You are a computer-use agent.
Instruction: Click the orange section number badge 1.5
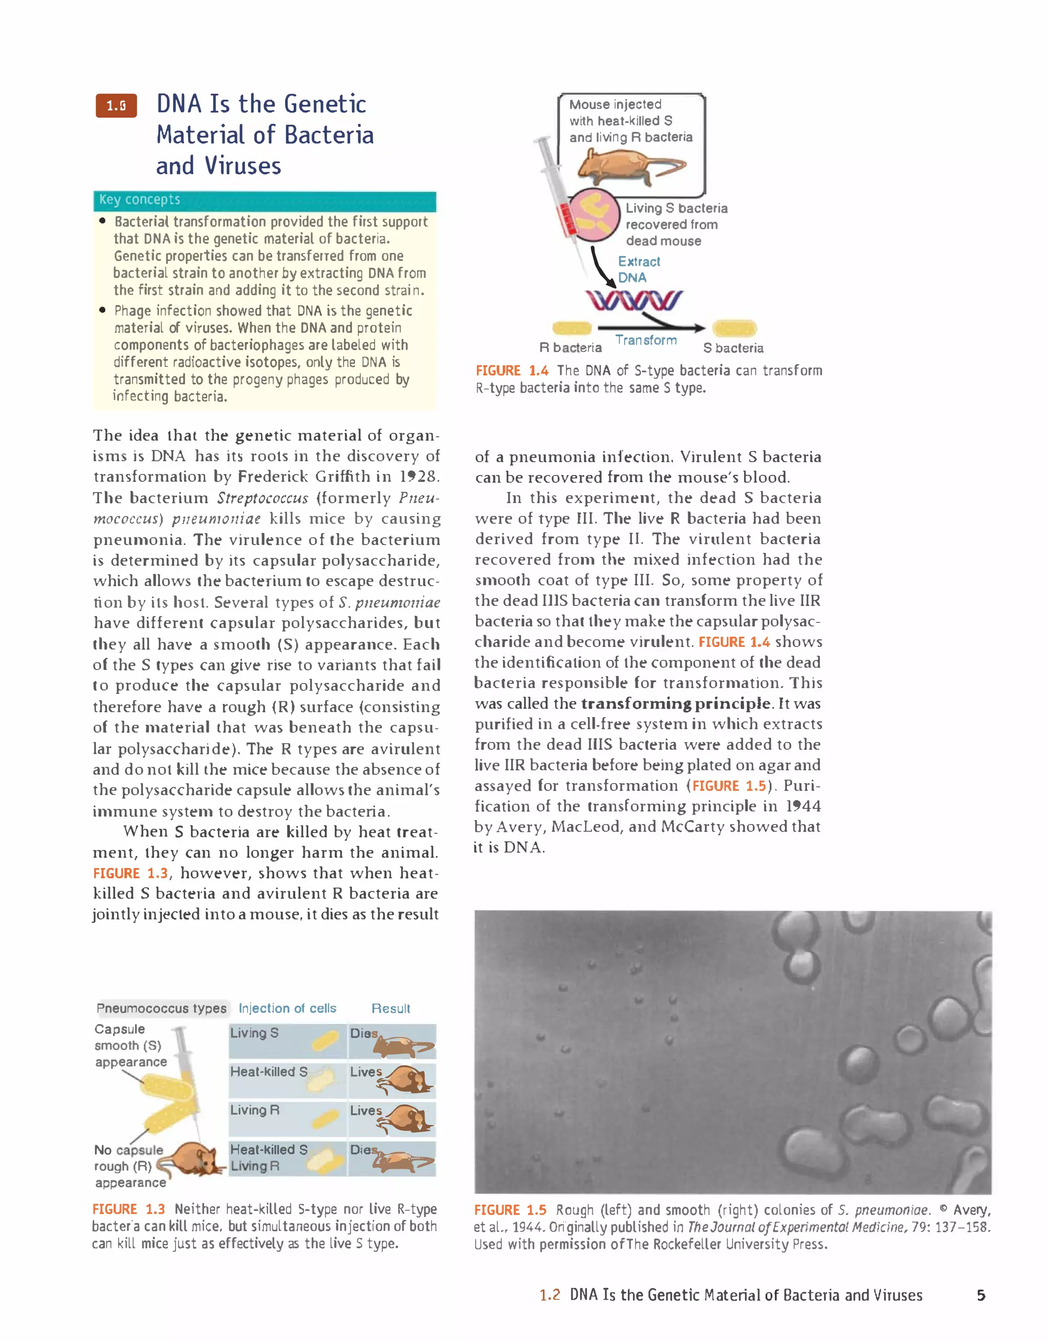116,105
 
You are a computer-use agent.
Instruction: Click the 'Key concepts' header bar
265,200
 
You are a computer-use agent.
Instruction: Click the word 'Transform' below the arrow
646,340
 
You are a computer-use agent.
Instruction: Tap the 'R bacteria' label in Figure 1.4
571,348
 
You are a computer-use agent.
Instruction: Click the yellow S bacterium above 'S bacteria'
734,329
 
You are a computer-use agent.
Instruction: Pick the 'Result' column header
390,1008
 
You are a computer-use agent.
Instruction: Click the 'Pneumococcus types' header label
162,1008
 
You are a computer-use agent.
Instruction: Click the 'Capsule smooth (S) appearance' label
130,1045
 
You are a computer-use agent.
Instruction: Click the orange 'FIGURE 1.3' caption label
128,1209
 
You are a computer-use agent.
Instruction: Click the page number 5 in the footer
980,1295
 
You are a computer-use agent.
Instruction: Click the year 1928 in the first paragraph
419,477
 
